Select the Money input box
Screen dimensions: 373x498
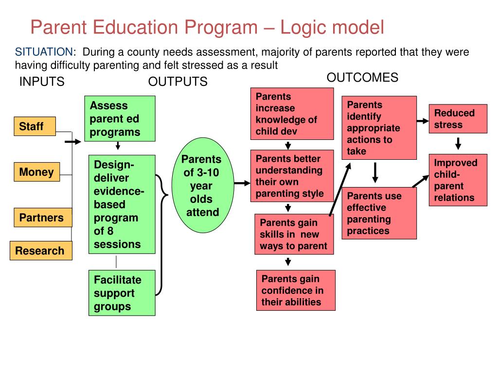tap(36, 172)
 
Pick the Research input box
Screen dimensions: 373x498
tap(40, 251)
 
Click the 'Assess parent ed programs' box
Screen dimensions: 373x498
tap(120, 119)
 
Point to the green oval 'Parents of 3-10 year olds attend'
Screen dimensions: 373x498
tap(201, 186)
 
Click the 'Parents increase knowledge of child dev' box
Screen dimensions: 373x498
tap(292, 114)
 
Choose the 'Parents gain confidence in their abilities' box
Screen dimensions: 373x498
tap(296, 290)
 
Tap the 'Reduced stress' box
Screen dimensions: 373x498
tap(458, 119)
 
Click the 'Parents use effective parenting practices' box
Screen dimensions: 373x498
tap(379, 213)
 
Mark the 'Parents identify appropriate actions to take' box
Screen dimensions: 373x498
tap(379, 128)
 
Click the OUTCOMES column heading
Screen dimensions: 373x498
tap(362, 78)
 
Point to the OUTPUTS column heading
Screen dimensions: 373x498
tap(178, 82)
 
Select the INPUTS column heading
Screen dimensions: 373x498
tap(42, 82)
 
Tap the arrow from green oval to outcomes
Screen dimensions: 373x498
tap(241, 183)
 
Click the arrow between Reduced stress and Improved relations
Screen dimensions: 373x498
tap(458, 143)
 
